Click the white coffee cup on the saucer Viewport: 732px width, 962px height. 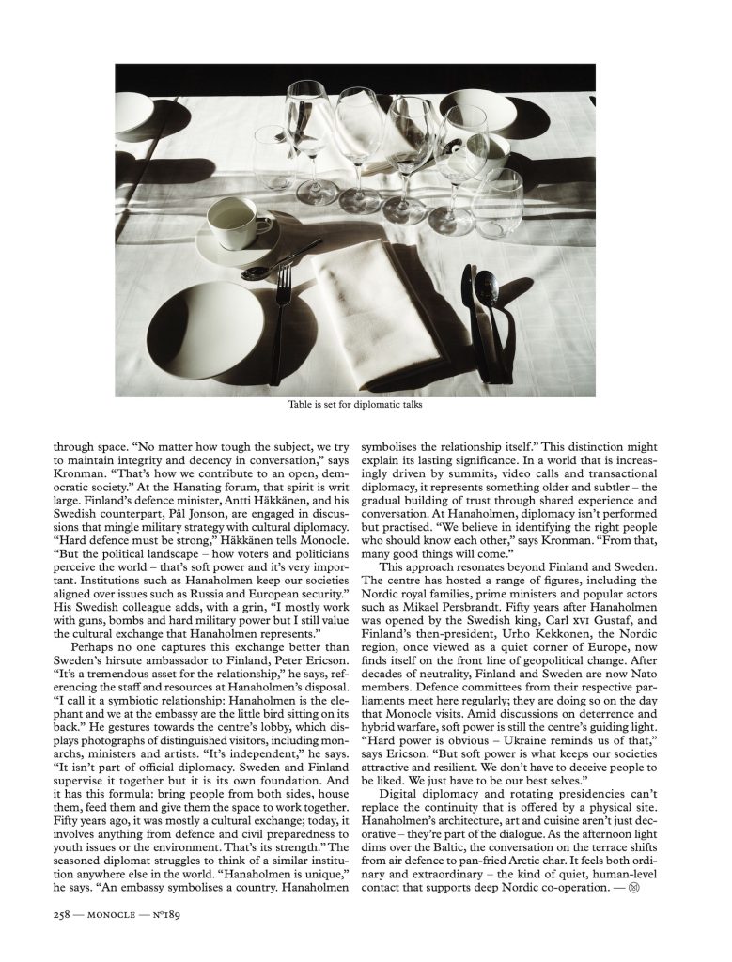click(x=231, y=219)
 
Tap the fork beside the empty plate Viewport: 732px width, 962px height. click(x=281, y=319)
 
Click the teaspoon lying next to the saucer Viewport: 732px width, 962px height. click(x=268, y=272)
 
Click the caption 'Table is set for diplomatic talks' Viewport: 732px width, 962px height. click(x=357, y=406)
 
